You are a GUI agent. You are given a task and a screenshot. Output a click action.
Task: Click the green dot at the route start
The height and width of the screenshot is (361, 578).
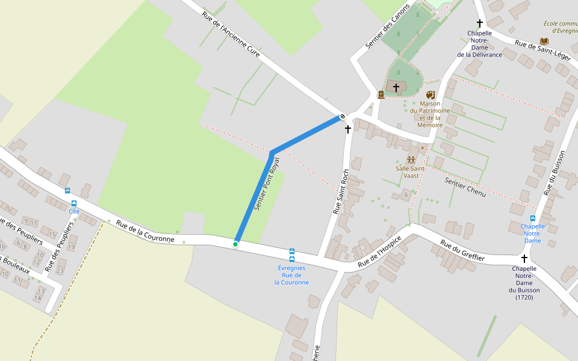pyautogui.click(x=235, y=244)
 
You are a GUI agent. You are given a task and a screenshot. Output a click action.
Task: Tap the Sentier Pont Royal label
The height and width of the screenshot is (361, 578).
pyautogui.click(x=267, y=184)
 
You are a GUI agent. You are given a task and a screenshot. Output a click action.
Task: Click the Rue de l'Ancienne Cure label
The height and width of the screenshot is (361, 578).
pyautogui.click(x=231, y=35)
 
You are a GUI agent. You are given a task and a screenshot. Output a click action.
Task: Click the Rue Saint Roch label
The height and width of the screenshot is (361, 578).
pyautogui.click(x=341, y=192)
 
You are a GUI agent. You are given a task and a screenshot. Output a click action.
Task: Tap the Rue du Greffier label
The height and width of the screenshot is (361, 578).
pyautogui.click(x=462, y=251)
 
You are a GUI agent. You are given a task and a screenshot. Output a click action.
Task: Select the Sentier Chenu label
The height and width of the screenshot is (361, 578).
pyautogui.click(x=465, y=187)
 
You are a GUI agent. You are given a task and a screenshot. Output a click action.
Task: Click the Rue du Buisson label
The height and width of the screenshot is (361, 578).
pyautogui.click(x=556, y=173)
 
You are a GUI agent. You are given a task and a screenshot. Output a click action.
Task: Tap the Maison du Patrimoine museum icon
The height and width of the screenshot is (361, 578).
pyautogui.click(x=430, y=95)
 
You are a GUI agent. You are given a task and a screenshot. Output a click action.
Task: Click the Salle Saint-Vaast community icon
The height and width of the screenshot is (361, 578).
pyautogui.click(x=411, y=160)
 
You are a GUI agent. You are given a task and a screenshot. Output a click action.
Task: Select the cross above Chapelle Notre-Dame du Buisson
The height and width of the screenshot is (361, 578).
pyautogui.click(x=524, y=258)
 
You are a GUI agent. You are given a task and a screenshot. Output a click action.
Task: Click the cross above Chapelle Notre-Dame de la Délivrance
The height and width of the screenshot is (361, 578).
pyautogui.click(x=480, y=23)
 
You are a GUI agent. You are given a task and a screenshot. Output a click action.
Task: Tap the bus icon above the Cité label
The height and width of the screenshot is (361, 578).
pyautogui.click(x=74, y=203)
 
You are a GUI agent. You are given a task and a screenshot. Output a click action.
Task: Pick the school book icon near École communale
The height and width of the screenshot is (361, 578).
pyautogui.click(x=544, y=41)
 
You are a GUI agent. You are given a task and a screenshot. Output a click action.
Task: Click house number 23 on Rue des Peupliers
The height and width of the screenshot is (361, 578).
pyautogui.click(x=60, y=271)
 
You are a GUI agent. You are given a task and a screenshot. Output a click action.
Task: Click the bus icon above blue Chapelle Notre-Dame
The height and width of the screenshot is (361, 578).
pyautogui.click(x=533, y=218)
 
